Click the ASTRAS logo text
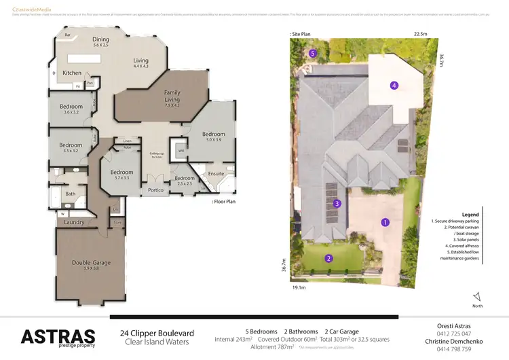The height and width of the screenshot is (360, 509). tap(58, 336)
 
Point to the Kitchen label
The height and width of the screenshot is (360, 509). tap(73, 73)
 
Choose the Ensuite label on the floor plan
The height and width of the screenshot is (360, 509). tap(215, 173)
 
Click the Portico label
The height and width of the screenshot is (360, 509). tap(157, 190)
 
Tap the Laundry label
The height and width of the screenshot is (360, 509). tap(74, 222)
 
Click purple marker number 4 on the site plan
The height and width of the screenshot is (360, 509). tap(394, 85)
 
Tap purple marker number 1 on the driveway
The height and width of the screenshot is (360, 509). tap(385, 222)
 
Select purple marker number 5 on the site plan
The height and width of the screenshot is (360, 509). tap(313, 52)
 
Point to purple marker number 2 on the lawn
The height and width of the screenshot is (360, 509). tap(328, 258)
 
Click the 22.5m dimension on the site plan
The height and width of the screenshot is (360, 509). tap(421, 33)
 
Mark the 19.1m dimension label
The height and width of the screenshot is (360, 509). tap(299, 288)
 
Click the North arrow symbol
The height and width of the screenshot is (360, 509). tap(477, 296)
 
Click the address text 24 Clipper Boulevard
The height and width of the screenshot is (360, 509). tap(157, 333)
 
